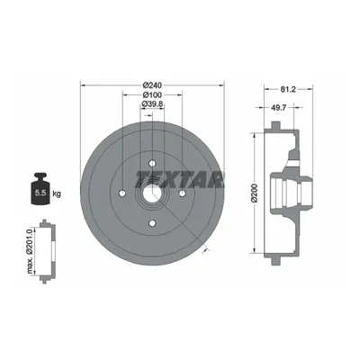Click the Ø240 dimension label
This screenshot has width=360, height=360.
[x=152, y=85]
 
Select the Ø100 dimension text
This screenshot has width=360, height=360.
[x=152, y=95]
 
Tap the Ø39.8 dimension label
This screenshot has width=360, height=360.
[x=152, y=104]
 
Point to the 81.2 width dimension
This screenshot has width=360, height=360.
[x=288, y=89]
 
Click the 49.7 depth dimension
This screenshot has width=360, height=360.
[x=279, y=107]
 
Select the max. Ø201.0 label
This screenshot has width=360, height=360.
[x=30, y=251]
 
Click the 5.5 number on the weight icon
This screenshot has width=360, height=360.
[x=40, y=193]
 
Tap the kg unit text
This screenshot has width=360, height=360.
[x=57, y=193]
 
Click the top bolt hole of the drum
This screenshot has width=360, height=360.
[x=152, y=163]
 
